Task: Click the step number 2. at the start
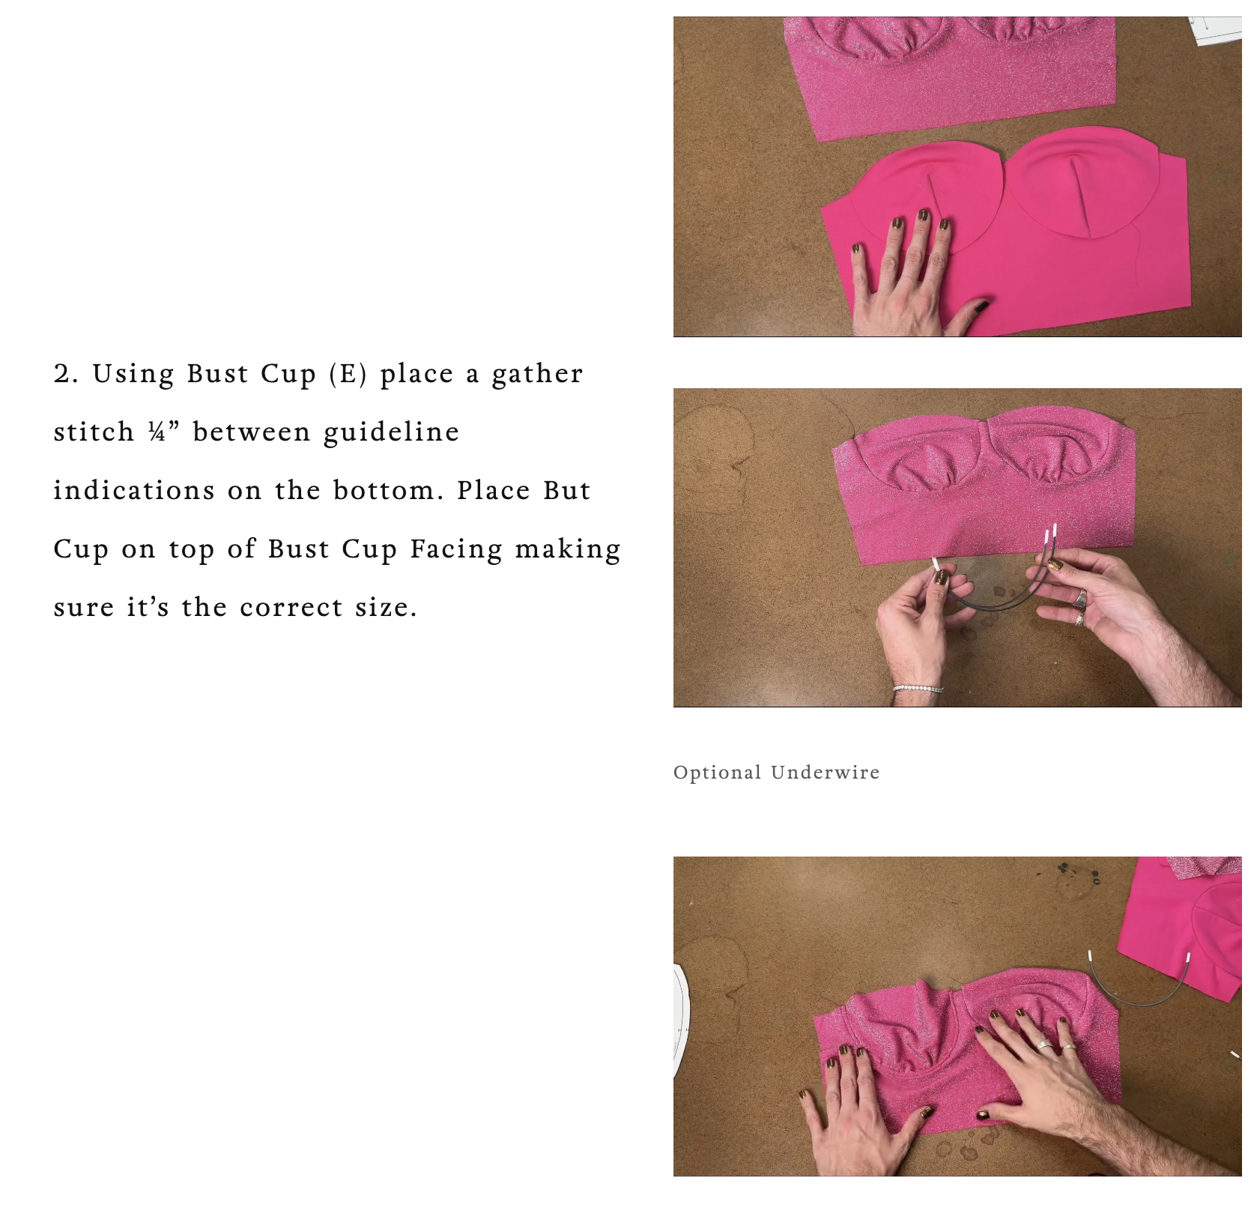coord(66,374)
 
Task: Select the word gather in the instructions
coord(537,374)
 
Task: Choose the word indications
coord(134,490)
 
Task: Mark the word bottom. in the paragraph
coord(389,490)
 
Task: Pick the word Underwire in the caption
coord(825,773)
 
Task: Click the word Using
coord(133,374)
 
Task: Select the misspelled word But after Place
coord(567,490)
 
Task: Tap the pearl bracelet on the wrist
coord(918,688)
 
